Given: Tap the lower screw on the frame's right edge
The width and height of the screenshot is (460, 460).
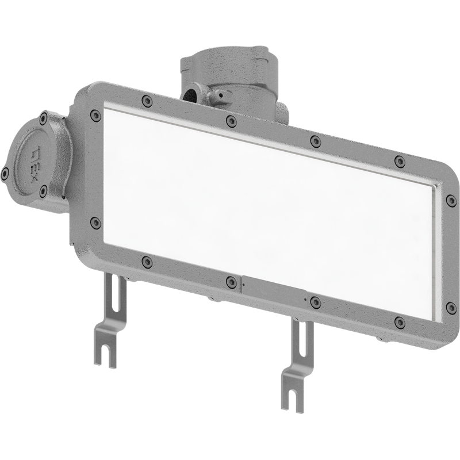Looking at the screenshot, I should click(x=451, y=308).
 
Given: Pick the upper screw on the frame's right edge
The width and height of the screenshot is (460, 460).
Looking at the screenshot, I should click(x=451, y=200).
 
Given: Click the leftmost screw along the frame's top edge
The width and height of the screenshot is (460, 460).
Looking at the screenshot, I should click(x=147, y=101).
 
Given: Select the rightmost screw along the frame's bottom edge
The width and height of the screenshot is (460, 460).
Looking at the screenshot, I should click(x=400, y=322).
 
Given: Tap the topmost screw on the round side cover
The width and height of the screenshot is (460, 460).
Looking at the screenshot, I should click(x=44, y=118).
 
